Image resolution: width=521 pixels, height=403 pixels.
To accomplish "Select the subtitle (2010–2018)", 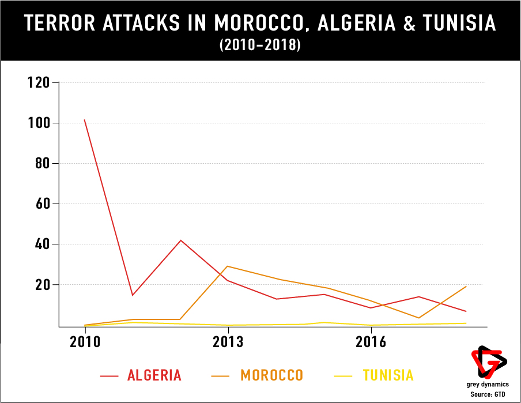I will (x=260, y=46).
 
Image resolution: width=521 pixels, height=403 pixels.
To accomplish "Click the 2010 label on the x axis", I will (x=85, y=341).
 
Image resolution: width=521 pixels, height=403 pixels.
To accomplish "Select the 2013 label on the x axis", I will (x=228, y=341).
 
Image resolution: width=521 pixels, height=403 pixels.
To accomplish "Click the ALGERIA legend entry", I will (x=154, y=375).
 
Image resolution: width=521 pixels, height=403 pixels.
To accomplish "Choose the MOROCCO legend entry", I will (x=271, y=375).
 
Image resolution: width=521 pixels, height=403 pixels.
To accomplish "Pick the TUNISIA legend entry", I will (x=388, y=375).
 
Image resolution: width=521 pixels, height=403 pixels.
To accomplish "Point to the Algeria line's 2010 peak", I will (x=85, y=120).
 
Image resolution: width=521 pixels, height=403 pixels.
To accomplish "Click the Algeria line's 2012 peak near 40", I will (x=181, y=240).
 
